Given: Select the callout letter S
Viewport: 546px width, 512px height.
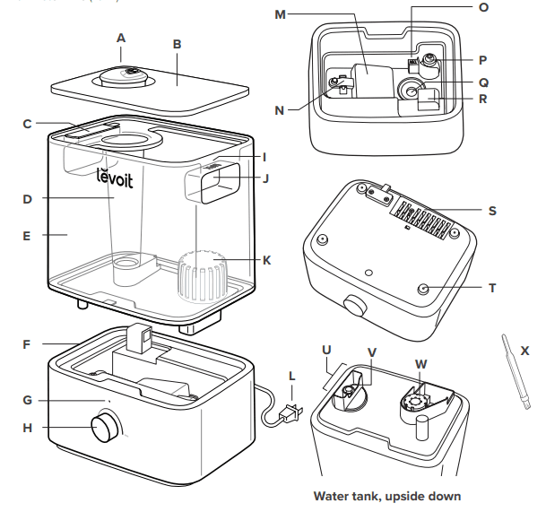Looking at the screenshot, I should tap(492, 212).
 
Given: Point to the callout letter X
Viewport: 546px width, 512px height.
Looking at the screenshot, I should tap(524, 351).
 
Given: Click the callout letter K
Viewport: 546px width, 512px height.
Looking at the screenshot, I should tap(266, 260).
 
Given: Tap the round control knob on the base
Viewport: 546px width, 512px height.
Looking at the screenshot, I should tap(107, 427).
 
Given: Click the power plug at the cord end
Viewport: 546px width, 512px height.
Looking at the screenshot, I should tap(290, 414).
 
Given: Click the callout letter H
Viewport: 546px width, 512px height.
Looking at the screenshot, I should tap(27, 428).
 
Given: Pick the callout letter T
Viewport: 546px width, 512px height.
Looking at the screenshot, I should tap(492, 289).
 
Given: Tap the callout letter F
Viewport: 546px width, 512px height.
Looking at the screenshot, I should tap(27, 343).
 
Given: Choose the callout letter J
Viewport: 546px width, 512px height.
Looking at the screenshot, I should tap(265, 178).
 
